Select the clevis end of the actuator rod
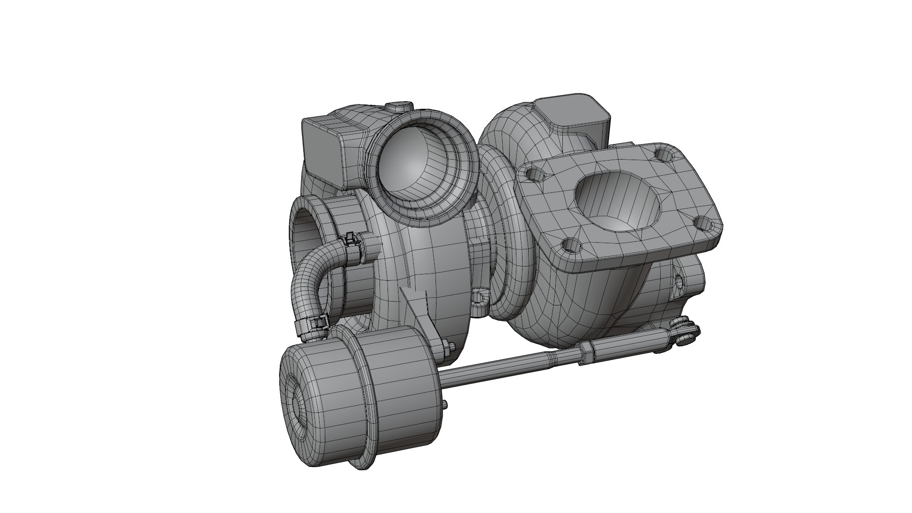point(682,332)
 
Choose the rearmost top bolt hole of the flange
point(664,154)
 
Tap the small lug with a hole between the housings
point(481,297)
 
